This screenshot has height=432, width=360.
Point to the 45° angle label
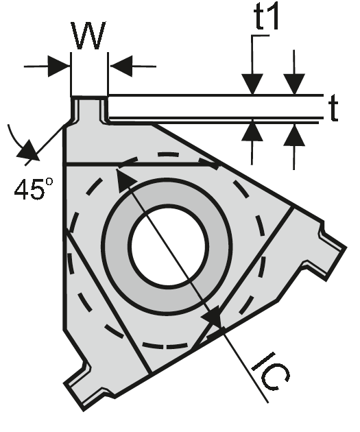[34, 189]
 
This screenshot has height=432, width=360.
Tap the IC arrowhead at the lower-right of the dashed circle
[214, 317]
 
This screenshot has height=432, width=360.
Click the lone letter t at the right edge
[334, 110]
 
